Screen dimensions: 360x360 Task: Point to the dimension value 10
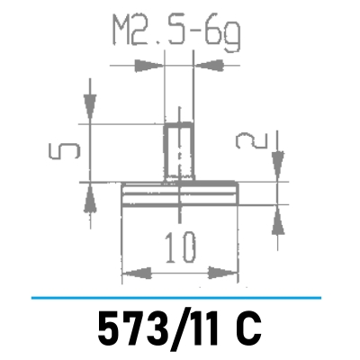179,245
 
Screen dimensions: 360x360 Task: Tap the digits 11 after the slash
201,326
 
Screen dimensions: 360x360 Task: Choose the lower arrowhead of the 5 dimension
88,194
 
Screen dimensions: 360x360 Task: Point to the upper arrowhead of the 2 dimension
277,165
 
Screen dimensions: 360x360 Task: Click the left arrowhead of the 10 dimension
133,272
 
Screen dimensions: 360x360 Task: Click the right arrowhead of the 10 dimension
226,272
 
